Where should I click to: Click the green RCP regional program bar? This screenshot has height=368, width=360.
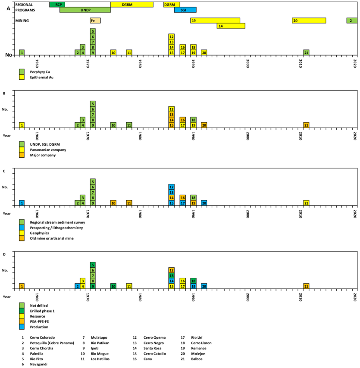click(x=57, y=4)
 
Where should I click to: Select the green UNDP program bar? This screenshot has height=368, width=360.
click(x=85, y=10)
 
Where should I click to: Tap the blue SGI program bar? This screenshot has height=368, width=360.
click(x=185, y=10)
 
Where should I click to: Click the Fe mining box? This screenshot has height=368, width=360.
click(x=95, y=20)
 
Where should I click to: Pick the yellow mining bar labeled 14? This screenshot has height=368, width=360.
click(x=231, y=26)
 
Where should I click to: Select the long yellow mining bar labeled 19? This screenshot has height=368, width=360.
click(x=215, y=20)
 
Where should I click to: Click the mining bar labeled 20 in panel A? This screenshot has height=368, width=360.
click(x=309, y=20)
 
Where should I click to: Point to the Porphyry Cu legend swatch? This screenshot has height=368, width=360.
click(x=22, y=71)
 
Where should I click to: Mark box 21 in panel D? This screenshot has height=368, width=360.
click(x=306, y=286)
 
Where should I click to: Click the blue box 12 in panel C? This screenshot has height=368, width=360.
click(x=172, y=187)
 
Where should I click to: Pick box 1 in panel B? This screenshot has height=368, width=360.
click(x=22, y=125)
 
